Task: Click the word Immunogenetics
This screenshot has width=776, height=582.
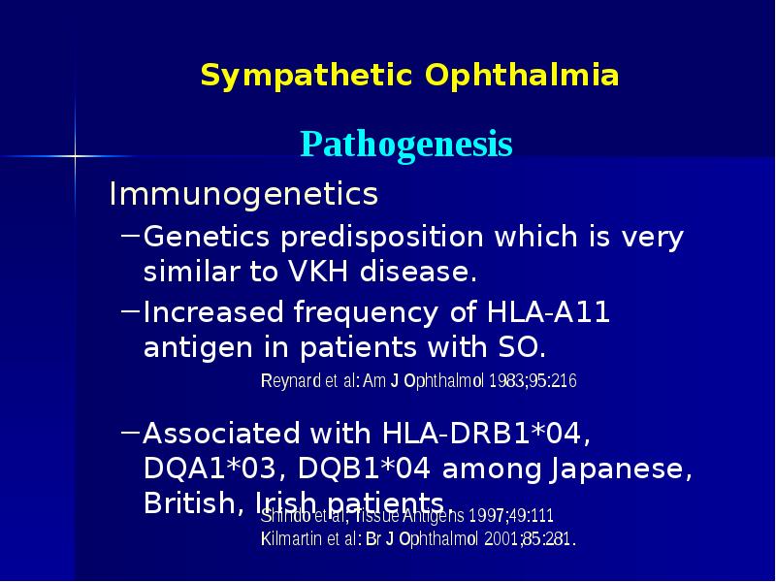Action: [243, 195]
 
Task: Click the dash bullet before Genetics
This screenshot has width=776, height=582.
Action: [129, 235]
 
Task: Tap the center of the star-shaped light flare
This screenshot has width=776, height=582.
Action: [75, 153]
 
